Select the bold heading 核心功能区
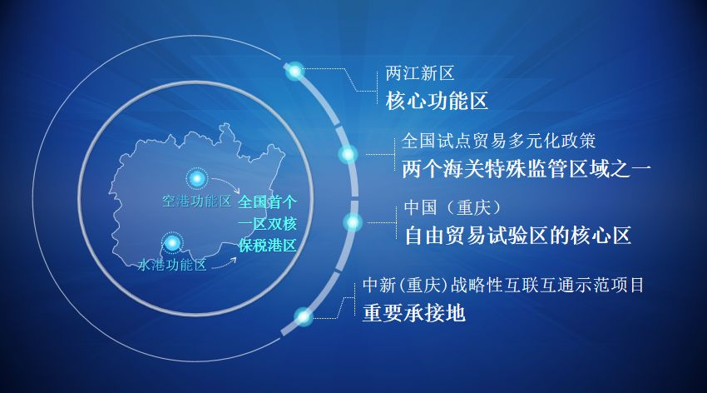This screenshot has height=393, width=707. point(436,102)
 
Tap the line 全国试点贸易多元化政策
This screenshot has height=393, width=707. point(498,141)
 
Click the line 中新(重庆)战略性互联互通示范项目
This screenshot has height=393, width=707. point(503,285)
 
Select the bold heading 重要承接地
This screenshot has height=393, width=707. point(413,314)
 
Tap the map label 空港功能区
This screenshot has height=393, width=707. point(196,201)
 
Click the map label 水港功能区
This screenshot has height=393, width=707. point(171,266)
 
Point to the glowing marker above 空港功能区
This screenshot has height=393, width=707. point(197,178)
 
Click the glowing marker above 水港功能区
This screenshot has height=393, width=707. point(172,242)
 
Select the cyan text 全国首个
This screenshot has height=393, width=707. point(267,202)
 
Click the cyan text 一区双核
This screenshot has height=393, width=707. point(267,224)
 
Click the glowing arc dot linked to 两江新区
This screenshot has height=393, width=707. point(294,72)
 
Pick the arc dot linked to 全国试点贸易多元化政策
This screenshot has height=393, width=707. point(348,154)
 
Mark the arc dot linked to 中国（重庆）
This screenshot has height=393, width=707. point(353,222)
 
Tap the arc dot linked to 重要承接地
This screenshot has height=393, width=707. point(304,316)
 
